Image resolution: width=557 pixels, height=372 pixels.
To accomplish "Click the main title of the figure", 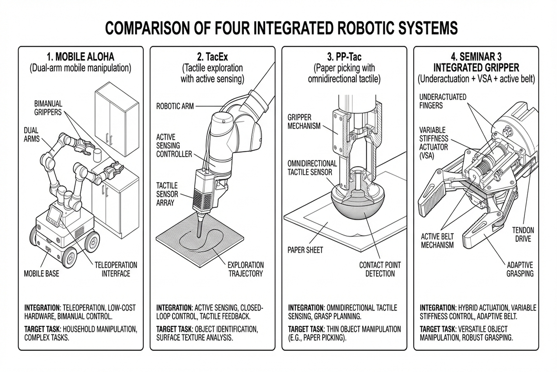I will pyautogui.click(x=281, y=28).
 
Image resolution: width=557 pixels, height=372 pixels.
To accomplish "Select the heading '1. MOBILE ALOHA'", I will pyautogui.click(x=81, y=57).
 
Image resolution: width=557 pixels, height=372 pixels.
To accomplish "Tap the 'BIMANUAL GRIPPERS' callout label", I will pyautogui.click(x=48, y=108).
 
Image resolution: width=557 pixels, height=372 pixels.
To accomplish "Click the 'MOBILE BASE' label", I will pyautogui.click(x=41, y=274).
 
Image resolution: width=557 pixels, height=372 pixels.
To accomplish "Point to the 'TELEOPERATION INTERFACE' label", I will pyautogui.click(x=116, y=269).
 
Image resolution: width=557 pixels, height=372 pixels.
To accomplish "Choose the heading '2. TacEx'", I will pyautogui.click(x=213, y=57).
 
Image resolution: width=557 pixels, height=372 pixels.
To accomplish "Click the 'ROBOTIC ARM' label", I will pyautogui.click(x=175, y=106).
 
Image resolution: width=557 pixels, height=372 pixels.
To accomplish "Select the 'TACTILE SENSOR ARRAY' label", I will pyautogui.click(x=167, y=194).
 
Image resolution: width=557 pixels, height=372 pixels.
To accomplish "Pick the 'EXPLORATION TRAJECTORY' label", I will pyautogui.click(x=246, y=269).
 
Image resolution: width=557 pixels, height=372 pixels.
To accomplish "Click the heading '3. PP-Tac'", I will pyautogui.click(x=344, y=57).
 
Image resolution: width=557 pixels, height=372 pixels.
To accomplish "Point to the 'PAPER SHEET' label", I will pyautogui.click(x=305, y=250).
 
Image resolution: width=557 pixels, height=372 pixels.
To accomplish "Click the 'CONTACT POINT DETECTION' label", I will pyautogui.click(x=380, y=269).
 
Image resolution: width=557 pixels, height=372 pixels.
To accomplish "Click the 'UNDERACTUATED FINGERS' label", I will pyautogui.click(x=443, y=101).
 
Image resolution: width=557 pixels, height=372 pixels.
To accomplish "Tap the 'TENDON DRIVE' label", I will pyautogui.click(x=523, y=234).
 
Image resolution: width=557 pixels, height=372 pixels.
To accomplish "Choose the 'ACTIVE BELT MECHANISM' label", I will pyautogui.click(x=437, y=241).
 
